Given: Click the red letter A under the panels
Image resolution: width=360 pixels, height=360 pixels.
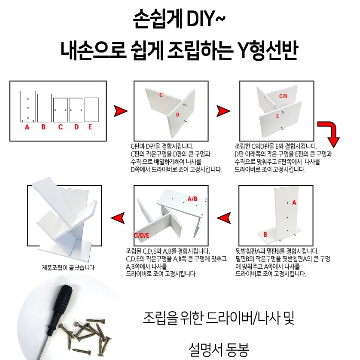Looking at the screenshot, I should [x=27, y=127].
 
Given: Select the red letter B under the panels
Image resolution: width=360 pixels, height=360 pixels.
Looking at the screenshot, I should [x=43, y=127].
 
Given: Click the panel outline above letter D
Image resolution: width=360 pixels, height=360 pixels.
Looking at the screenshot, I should [x=76, y=110].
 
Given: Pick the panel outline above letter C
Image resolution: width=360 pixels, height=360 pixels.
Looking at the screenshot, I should [x=60, y=110].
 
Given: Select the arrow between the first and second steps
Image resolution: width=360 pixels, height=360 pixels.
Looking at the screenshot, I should [x=120, y=111].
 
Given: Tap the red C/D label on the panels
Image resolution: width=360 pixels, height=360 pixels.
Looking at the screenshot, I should [x=283, y=96].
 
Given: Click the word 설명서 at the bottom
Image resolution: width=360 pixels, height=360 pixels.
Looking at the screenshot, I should [x=204, y=346].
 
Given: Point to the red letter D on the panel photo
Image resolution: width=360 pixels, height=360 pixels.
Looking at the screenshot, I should [x=177, y=114].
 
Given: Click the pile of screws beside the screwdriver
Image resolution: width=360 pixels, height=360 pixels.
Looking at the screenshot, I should [x=90, y=331].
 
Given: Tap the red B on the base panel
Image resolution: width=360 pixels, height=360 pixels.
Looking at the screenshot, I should [x=265, y=234].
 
